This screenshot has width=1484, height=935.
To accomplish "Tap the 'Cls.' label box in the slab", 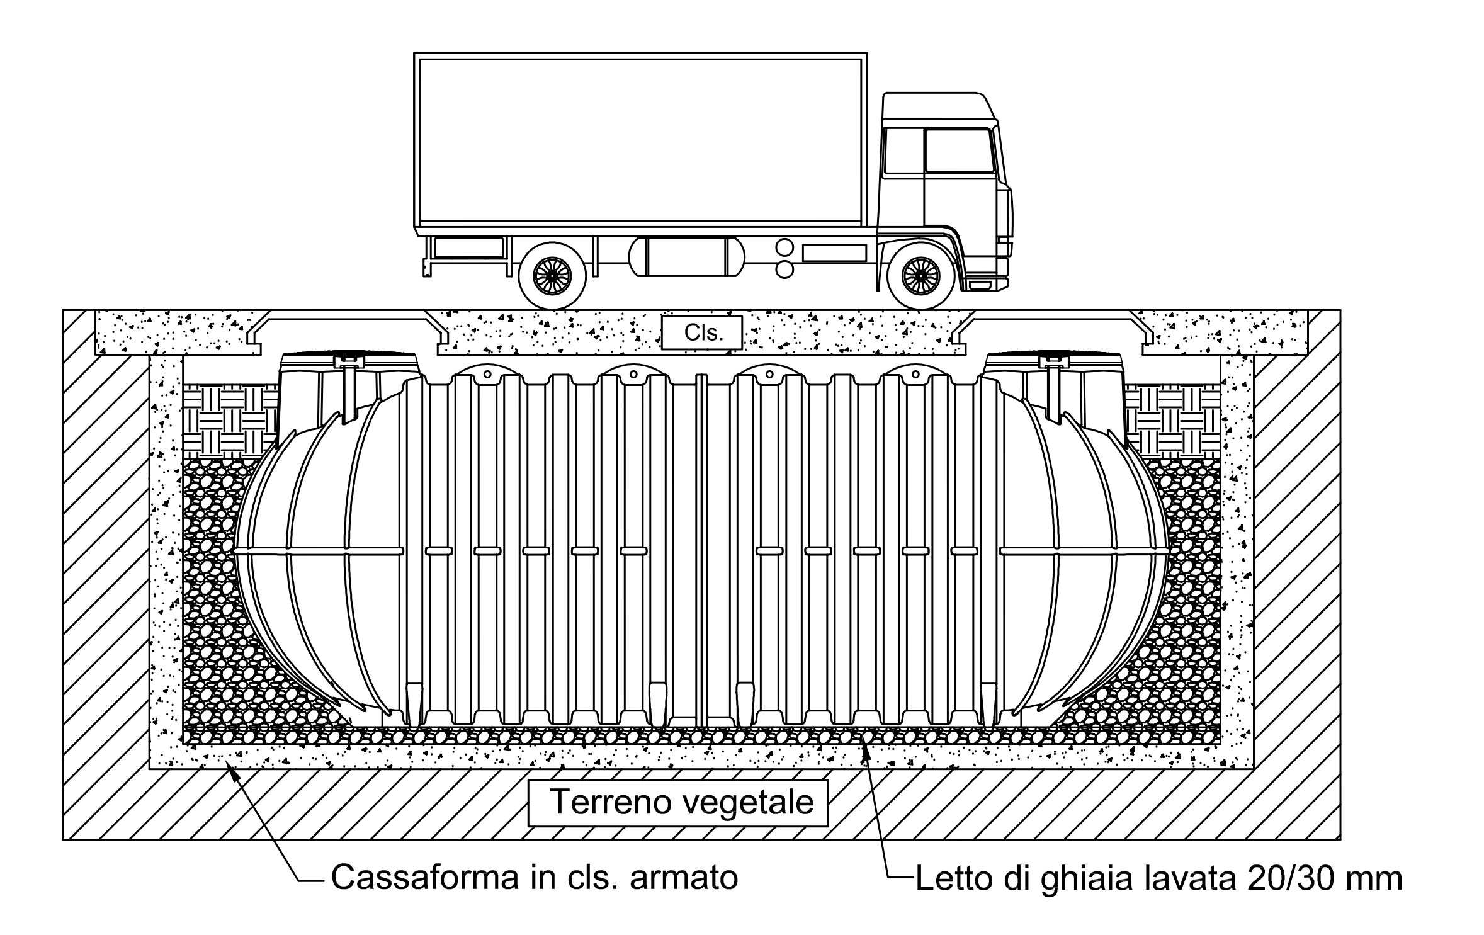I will [702, 332].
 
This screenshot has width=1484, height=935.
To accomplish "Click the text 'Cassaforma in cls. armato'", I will [534, 877].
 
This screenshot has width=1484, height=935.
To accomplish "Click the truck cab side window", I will [957, 151].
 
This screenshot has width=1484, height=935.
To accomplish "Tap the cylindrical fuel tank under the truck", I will [686, 257].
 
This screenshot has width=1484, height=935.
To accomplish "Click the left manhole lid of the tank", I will [348, 358].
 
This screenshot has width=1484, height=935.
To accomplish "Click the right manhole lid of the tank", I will [1053, 358].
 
